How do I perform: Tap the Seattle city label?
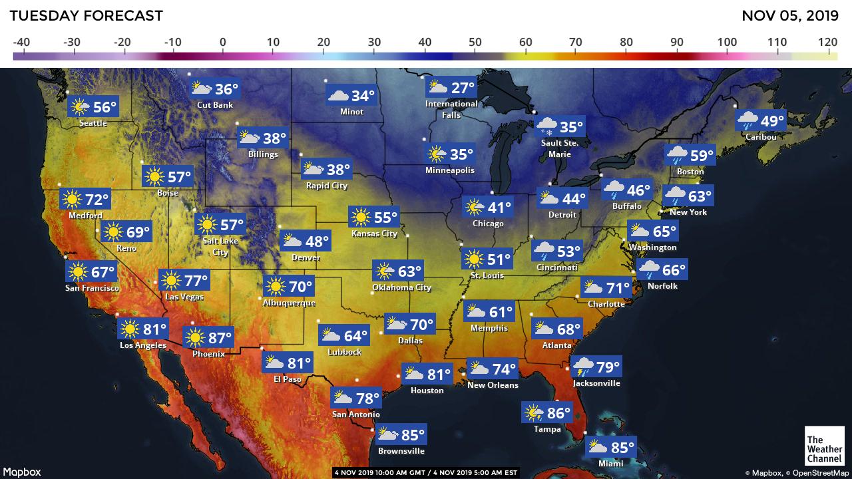tap(93, 123)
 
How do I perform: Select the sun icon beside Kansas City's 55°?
tap(360, 217)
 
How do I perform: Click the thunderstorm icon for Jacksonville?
tap(584, 367)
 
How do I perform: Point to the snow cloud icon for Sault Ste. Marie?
tap(547, 126)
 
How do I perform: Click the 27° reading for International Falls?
tap(463, 88)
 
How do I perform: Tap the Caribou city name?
tap(761, 137)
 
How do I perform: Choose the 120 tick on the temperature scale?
tap(828, 42)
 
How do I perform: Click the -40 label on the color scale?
tap(21, 42)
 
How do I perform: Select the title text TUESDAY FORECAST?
tap(86, 15)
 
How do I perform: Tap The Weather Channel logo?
tap(824, 444)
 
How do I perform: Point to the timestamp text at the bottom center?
tap(425, 472)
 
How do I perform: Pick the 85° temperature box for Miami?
tap(610, 448)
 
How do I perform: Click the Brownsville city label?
tap(401, 451)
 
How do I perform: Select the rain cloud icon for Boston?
tap(678, 156)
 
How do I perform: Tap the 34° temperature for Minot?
tap(363, 96)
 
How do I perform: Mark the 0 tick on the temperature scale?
tap(222, 42)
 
